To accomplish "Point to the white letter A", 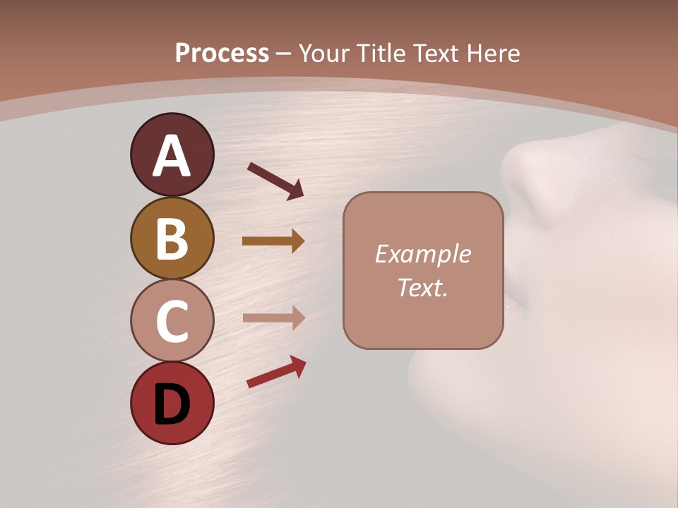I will pos(172,157).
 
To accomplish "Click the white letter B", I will pos(172,239).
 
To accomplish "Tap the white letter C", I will pos(172,322).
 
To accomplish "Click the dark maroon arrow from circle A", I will pos(275,181).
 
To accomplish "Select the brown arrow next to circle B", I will pos(273,241).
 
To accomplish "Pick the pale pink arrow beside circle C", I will pos(273,317).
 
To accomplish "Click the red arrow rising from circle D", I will pos(276,372).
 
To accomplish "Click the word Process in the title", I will pos(222,53).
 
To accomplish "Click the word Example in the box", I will pos(423,254).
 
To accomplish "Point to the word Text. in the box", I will pos(423,287).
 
